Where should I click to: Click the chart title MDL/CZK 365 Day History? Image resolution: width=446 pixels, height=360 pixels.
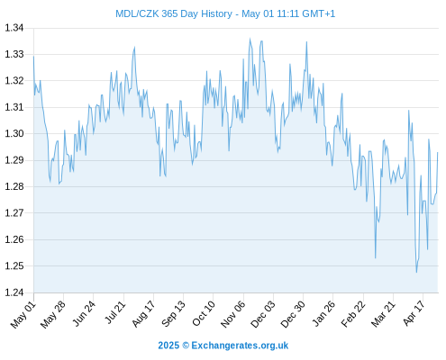pyautogui.click(x=174, y=13)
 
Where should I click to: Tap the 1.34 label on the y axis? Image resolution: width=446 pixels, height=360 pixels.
pyautogui.click(x=14, y=28)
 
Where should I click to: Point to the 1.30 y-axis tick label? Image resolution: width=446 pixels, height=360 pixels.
pyautogui.click(x=14, y=133)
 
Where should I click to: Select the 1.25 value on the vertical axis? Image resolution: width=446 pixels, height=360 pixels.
pyautogui.click(x=14, y=265)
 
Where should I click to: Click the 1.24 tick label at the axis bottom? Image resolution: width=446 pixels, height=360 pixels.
pyautogui.click(x=14, y=292)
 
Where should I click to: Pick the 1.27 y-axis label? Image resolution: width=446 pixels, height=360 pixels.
pyautogui.click(x=14, y=213)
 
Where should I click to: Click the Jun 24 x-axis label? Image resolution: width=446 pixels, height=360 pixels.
pyautogui.click(x=84, y=313)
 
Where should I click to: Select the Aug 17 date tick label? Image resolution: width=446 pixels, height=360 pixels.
pyautogui.click(x=143, y=313)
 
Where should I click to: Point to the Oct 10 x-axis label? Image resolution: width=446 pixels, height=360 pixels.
pyautogui.click(x=204, y=313)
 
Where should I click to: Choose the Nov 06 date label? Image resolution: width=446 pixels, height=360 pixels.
pyautogui.click(x=233, y=314)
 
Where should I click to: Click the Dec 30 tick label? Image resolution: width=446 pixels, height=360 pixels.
pyautogui.click(x=293, y=314)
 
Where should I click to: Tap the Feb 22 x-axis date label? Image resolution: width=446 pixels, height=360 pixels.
pyautogui.click(x=353, y=314)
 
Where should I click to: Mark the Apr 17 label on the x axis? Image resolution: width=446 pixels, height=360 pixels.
pyautogui.click(x=414, y=313)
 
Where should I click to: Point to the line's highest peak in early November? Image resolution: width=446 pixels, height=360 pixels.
pyautogui.click(x=250, y=39)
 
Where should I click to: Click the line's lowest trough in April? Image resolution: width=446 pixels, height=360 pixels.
pyautogui.click(x=416, y=273)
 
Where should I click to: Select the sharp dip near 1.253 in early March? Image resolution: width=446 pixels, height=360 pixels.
pyautogui.click(x=376, y=258)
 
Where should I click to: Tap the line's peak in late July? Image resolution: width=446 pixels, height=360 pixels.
pyautogui.click(x=134, y=47)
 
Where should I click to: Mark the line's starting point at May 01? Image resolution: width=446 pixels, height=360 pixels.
pyautogui.click(x=33, y=56)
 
